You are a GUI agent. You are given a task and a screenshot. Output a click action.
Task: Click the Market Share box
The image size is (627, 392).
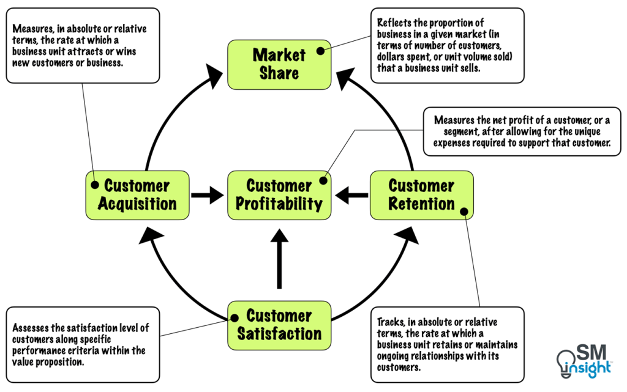[279, 64]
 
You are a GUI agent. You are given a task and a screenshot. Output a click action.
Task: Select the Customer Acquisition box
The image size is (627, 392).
[137, 194]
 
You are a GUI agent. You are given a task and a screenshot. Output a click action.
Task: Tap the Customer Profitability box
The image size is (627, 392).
[279, 194]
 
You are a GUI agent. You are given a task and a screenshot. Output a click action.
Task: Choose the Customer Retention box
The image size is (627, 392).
[421, 194]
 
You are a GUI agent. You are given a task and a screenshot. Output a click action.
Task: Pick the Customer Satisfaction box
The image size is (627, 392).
[279, 325]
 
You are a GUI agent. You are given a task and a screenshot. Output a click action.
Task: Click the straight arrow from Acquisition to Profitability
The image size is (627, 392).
[208, 196]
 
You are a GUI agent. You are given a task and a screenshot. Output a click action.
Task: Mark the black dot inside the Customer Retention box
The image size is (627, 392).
[464, 212]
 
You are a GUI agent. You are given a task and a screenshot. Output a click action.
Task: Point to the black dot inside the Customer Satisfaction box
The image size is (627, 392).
[233, 317]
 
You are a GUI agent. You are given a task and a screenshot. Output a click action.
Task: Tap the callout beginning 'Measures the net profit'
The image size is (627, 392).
[522, 131]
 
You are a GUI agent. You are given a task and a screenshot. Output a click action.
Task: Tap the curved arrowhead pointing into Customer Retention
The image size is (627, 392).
[408, 234]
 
